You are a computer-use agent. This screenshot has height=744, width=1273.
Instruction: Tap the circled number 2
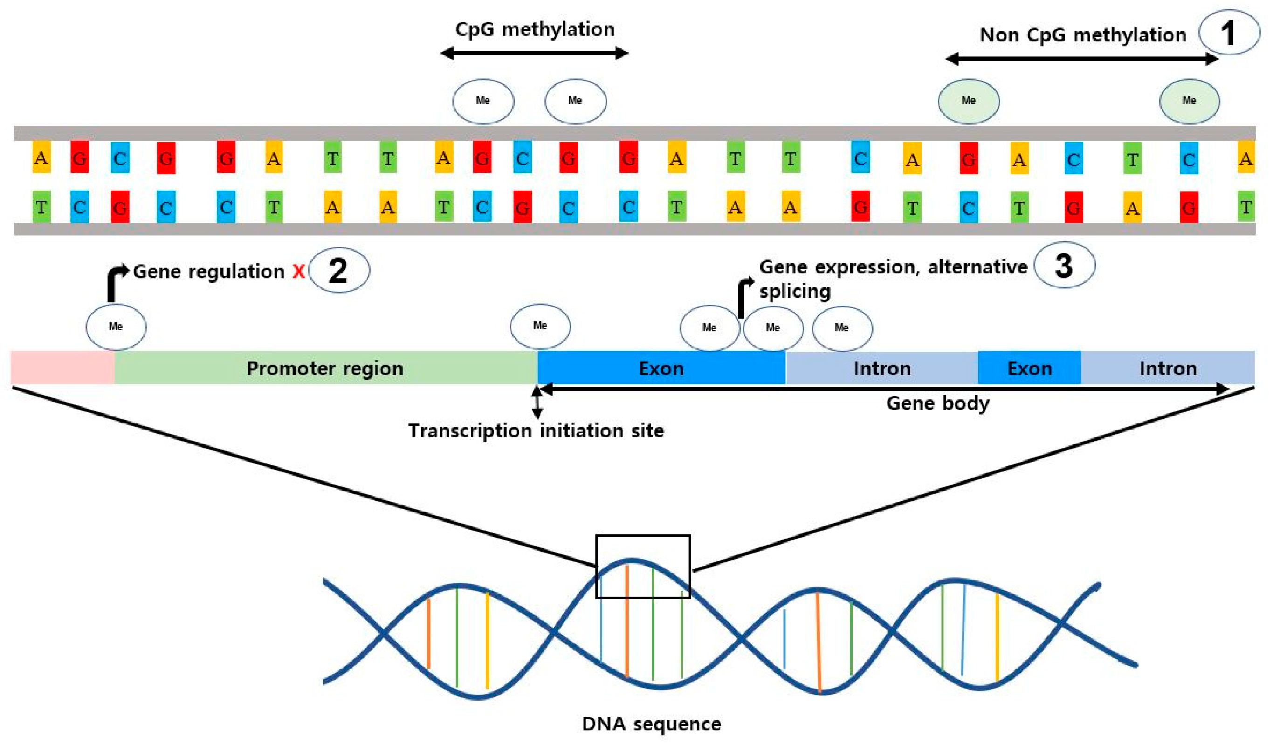(338, 271)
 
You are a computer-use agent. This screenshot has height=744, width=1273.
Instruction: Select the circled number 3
(1064, 266)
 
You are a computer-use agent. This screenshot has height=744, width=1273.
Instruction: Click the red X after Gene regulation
(298, 272)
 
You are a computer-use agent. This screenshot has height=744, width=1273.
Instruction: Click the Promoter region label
(325, 369)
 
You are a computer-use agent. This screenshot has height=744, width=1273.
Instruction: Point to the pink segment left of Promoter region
(62, 368)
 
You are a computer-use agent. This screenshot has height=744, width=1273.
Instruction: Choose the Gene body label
(937, 403)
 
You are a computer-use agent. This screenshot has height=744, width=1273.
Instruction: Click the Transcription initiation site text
(536, 431)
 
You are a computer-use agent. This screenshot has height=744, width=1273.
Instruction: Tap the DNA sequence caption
(651, 724)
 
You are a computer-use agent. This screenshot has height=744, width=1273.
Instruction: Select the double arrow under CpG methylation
(534, 53)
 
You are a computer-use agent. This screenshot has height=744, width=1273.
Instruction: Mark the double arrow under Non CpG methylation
(1081, 59)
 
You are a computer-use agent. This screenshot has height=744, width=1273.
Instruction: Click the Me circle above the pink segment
(116, 327)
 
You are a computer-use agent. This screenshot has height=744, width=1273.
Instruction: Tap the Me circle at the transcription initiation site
(540, 326)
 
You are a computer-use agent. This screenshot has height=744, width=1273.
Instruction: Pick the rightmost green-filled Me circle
(1189, 101)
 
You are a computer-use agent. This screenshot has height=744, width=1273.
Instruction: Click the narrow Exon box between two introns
(1029, 369)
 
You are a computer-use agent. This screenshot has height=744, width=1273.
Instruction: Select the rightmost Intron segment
(1168, 369)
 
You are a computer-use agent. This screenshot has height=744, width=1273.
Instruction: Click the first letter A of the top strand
(41, 158)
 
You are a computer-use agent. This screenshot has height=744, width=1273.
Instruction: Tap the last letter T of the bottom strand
(1245, 207)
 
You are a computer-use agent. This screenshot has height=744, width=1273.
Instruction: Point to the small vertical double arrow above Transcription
(537, 403)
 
